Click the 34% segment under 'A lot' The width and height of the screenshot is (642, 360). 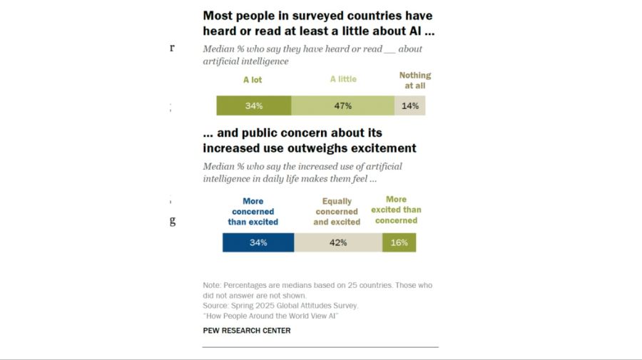coord(254,106)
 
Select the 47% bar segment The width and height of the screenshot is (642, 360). coord(342,106)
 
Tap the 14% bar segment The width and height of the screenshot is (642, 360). coord(410,106)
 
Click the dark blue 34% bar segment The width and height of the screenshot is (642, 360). coord(258,242)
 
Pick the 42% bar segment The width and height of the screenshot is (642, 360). coord(338,242)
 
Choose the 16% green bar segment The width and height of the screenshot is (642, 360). coord(399,242)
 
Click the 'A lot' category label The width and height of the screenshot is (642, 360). coord(253,80)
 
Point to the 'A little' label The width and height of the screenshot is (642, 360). coord(343,79)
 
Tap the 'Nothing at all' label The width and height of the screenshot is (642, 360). coord(415,80)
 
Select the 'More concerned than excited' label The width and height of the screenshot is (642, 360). coord(253,212)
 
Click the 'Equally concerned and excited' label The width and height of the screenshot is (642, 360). coord(337,212)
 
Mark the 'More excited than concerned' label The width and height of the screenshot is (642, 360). coord(396,210)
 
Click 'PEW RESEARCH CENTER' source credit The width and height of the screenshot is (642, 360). coord(247,331)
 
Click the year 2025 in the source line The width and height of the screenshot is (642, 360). coord(247,305)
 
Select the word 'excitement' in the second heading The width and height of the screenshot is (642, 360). coord(383,148)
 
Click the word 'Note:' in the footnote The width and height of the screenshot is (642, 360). coord(212,285)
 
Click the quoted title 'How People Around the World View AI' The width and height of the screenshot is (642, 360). coord(270,316)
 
